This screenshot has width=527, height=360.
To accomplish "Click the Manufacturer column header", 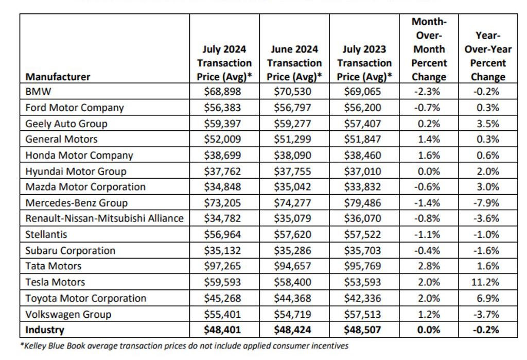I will pyautogui.click(x=58, y=77).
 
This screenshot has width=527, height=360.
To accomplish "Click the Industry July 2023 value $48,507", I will pyautogui.click(x=364, y=329).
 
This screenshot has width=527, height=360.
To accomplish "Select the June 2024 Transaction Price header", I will pyautogui.click(x=294, y=63).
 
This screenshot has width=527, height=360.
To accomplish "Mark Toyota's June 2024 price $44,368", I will pyautogui.click(x=294, y=298).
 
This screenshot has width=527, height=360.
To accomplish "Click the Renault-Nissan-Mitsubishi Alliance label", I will pyautogui.click(x=104, y=218).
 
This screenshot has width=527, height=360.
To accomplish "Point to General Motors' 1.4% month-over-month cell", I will pyautogui.click(x=429, y=139).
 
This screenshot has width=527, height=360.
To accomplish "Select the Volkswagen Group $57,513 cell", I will pyautogui.click(x=364, y=314).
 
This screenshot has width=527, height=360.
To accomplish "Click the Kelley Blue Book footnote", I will pyautogui.click(x=184, y=346).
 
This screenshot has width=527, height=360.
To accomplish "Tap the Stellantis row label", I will pyautogui.click(x=46, y=234).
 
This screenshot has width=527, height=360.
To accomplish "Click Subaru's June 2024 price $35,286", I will pyautogui.click(x=294, y=250).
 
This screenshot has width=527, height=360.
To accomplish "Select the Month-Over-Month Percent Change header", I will pyautogui.click(x=429, y=49).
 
